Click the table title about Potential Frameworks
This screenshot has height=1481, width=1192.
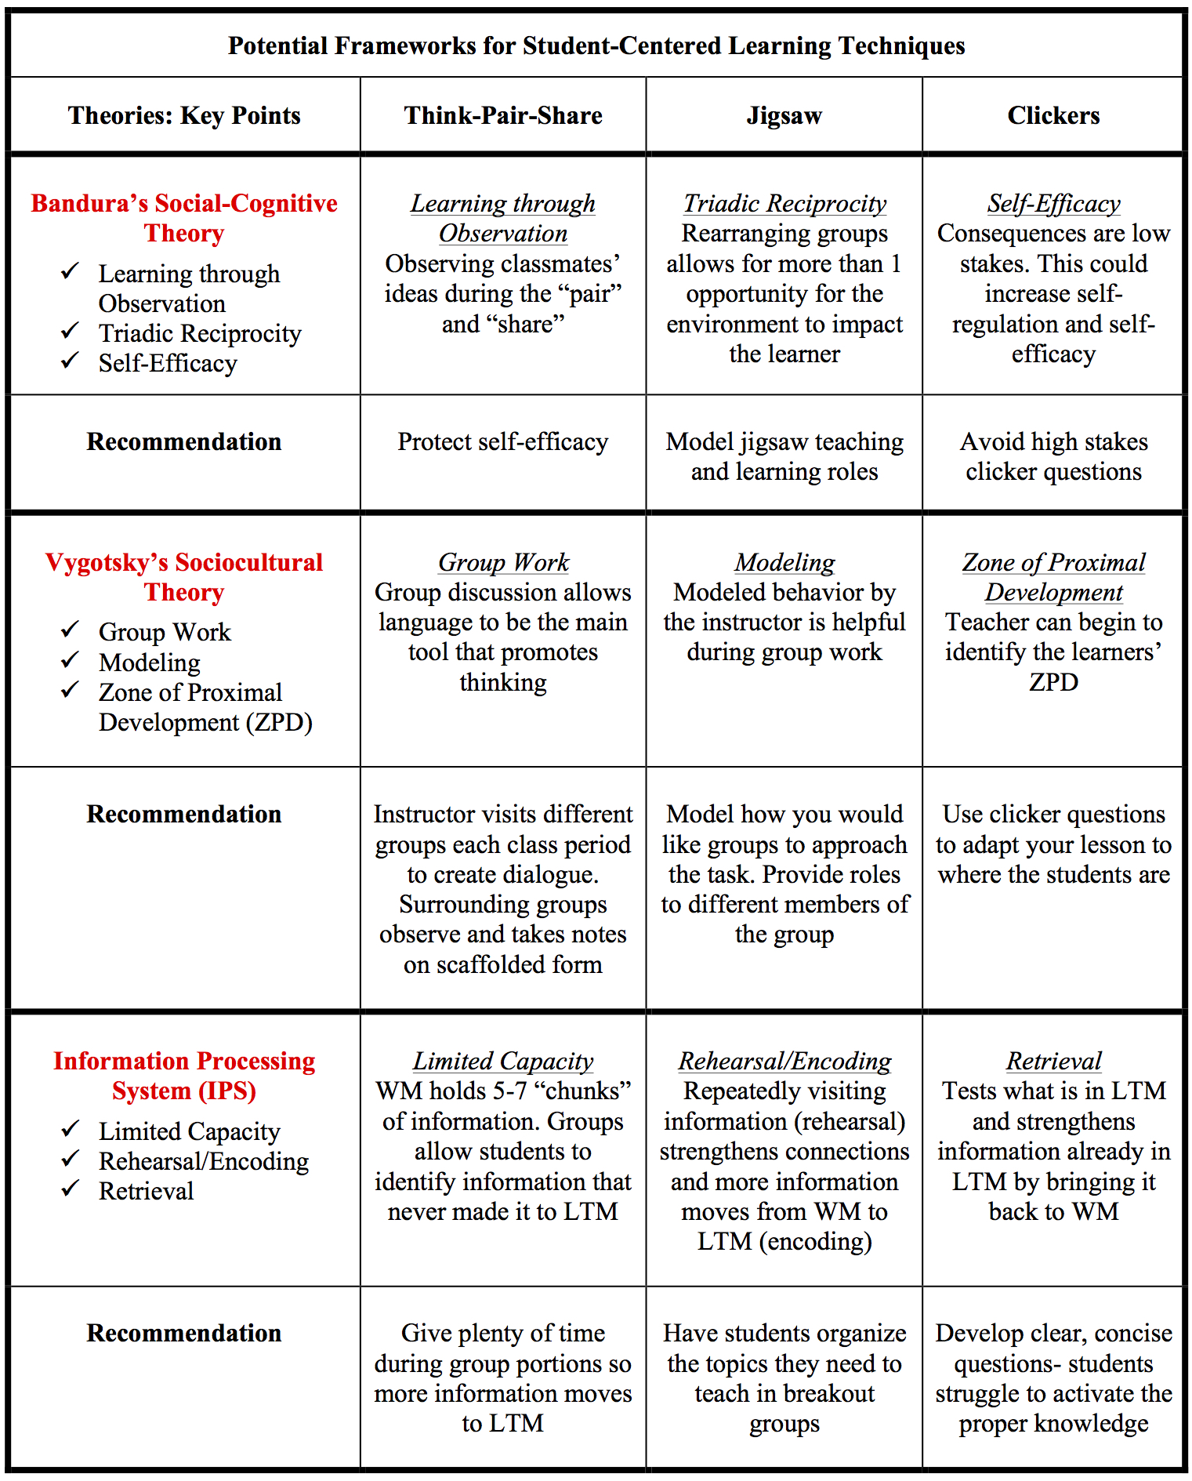(596, 45)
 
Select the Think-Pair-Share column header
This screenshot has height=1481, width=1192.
(503, 115)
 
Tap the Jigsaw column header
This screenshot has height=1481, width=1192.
(784, 115)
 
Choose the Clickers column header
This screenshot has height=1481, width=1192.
(1053, 115)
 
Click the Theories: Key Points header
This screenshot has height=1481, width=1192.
(184, 115)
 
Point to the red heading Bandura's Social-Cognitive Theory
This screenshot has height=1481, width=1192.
(184, 218)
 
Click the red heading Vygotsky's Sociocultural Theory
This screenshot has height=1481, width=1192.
(184, 576)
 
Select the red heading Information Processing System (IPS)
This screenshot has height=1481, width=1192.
(184, 1075)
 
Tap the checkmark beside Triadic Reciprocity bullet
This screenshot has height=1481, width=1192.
(71, 331)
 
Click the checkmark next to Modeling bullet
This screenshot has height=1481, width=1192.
(71, 660)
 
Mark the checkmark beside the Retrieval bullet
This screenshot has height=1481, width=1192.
(71, 1189)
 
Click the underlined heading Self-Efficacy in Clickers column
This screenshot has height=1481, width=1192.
(1053, 203)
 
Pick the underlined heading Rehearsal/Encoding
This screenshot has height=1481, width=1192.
(784, 1061)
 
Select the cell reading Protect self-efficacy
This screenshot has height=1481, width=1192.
(503, 441)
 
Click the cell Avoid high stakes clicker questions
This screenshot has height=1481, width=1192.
(1053, 456)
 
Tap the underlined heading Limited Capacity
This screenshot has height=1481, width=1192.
(503, 1061)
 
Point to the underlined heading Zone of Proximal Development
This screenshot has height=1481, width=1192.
(1053, 576)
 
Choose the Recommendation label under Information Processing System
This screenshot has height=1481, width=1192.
(184, 1333)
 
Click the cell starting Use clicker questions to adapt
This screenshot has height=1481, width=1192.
(1053, 844)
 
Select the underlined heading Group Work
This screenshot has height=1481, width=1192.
(503, 562)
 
